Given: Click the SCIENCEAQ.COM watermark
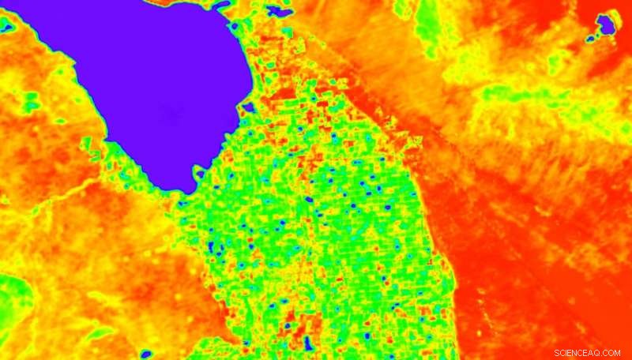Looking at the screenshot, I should (588, 352).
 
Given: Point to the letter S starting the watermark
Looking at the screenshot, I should (557, 352).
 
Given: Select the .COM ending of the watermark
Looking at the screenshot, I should (611, 352).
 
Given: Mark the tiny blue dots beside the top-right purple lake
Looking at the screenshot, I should (590, 37).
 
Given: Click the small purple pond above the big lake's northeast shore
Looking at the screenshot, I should (277, 11).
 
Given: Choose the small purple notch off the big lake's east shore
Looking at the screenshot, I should (248, 107).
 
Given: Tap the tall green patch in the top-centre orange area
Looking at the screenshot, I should (426, 20).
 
